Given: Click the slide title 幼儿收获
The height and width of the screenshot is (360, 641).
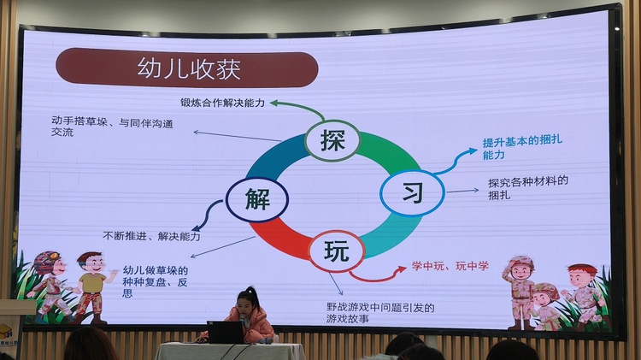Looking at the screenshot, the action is [189, 68].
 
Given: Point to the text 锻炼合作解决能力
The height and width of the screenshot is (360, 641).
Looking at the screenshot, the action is [223, 103].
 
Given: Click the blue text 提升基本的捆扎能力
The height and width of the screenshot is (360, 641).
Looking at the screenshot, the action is [522, 148].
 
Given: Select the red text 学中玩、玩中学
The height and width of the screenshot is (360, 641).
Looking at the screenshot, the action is [450, 266].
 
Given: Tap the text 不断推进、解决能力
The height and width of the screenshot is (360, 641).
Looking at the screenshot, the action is [151, 236].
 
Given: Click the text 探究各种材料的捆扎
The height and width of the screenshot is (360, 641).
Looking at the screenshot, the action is [528, 188].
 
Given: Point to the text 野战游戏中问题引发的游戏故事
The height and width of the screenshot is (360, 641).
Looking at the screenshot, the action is [380, 313].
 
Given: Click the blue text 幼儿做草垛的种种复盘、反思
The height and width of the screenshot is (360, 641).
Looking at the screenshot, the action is [156, 282].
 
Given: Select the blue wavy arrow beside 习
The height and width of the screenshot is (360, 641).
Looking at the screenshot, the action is [455, 162].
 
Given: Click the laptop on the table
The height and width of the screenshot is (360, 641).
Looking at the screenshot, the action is [226, 332].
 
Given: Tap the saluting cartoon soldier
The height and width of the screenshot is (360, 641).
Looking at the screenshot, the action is [520, 292].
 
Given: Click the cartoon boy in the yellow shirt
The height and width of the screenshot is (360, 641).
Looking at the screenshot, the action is [92, 286].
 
